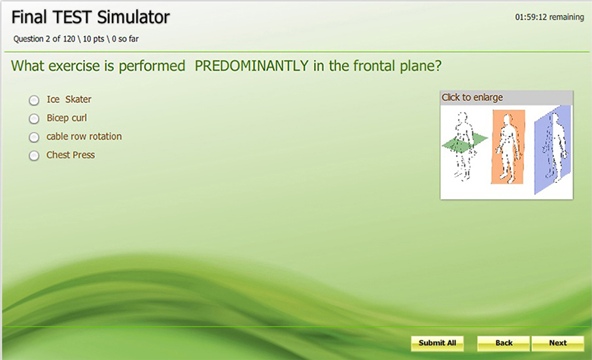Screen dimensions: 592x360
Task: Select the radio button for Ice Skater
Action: (34, 100)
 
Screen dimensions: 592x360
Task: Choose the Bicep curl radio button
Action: (34, 118)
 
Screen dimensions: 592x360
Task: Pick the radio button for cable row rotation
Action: (34, 137)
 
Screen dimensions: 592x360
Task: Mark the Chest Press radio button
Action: (34, 156)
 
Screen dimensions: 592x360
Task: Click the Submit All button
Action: (437, 343)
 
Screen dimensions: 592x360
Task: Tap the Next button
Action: (557, 343)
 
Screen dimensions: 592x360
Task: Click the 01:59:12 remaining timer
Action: (549, 17)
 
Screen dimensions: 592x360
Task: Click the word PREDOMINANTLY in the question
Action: (251, 65)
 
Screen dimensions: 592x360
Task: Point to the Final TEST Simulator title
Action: (91, 17)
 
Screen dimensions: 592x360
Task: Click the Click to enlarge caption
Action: (472, 98)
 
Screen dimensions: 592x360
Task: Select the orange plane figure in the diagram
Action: (508, 147)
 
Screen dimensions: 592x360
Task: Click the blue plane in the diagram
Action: (552, 149)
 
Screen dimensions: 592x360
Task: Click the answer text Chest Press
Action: (71, 155)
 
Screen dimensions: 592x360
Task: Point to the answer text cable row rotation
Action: (84, 136)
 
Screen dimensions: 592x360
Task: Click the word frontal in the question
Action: (369, 65)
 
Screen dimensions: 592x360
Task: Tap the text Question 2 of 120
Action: (44, 39)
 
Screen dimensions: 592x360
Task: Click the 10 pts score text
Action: (94, 39)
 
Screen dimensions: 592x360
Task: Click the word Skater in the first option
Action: (78, 99)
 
